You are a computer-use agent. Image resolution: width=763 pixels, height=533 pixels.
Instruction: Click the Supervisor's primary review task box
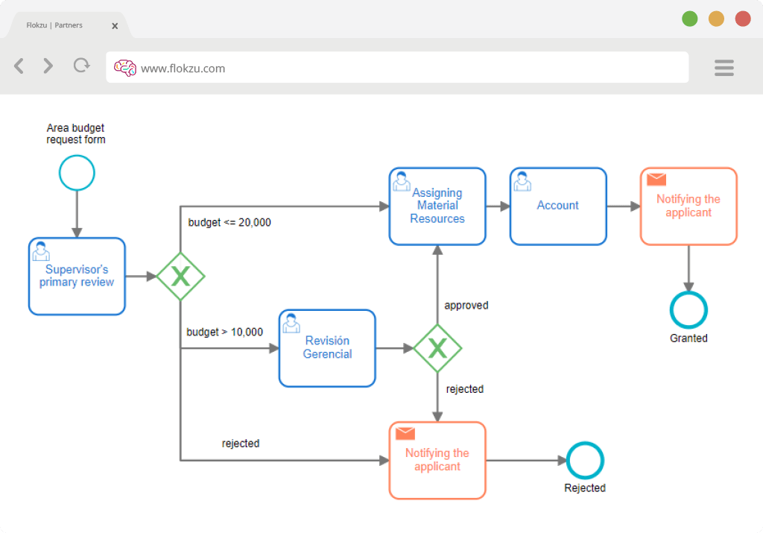(77, 276)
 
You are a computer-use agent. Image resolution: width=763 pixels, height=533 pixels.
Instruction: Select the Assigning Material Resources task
(437, 206)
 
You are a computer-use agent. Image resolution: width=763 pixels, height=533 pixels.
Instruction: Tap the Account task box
(558, 206)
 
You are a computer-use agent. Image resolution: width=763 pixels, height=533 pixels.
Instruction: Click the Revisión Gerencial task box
(327, 348)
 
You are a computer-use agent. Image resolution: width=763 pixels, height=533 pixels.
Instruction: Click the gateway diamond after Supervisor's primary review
(180, 277)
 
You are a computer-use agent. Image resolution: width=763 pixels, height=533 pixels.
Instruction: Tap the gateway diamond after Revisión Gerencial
(437, 348)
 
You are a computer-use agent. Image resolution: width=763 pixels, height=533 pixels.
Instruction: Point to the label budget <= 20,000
(229, 222)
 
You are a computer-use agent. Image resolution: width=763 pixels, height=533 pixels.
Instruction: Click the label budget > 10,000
(225, 332)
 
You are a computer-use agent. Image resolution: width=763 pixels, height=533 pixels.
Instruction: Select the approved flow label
(466, 306)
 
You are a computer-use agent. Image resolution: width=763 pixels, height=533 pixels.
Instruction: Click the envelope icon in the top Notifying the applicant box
(656, 179)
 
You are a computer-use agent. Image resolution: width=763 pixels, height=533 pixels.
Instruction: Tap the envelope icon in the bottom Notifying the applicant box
(405, 433)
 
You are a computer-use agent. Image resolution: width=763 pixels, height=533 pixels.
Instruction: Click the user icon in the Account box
(522, 181)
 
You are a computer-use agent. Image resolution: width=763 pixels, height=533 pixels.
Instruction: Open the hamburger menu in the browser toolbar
(724, 68)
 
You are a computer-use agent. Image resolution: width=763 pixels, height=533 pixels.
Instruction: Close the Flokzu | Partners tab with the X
(115, 26)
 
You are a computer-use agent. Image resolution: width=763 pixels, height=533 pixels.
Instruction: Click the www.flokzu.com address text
(183, 69)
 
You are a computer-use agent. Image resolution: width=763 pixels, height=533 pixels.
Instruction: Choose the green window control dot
(689, 19)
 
